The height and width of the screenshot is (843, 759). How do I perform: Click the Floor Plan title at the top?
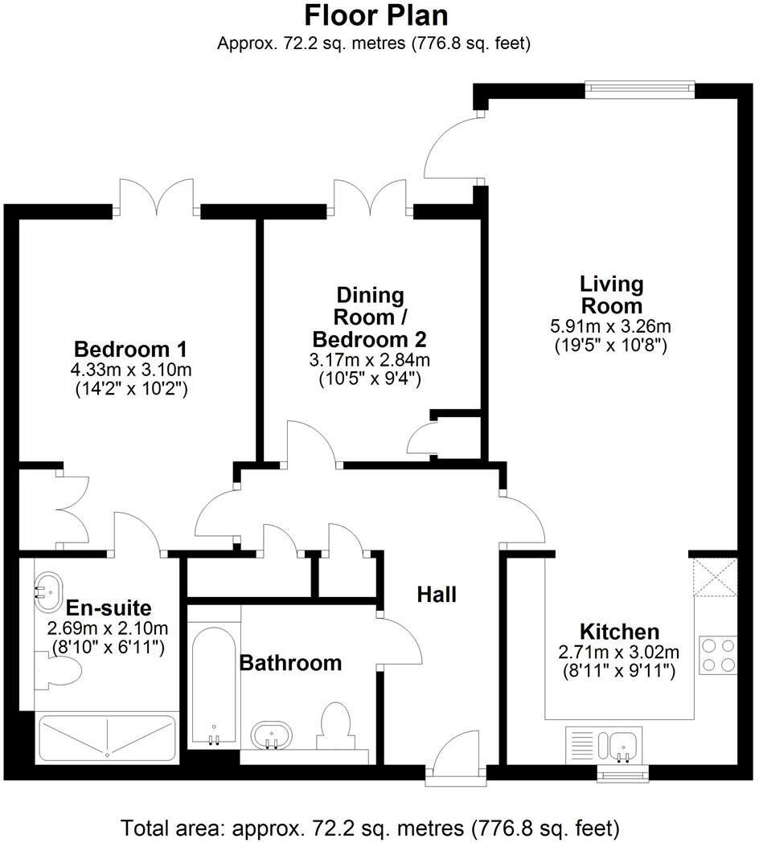coord(375,15)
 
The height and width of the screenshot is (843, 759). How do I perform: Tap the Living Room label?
coord(612,294)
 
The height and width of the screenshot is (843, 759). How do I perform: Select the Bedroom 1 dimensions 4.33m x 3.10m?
coord(130,370)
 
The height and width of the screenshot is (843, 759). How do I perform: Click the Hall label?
coord(437,594)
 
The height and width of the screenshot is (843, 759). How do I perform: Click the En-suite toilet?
coord(57,670)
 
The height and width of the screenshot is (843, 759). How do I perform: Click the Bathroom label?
coord(291,663)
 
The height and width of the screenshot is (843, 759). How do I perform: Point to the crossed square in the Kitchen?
coord(716,576)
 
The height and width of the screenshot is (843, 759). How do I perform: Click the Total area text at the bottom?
coord(371,827)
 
